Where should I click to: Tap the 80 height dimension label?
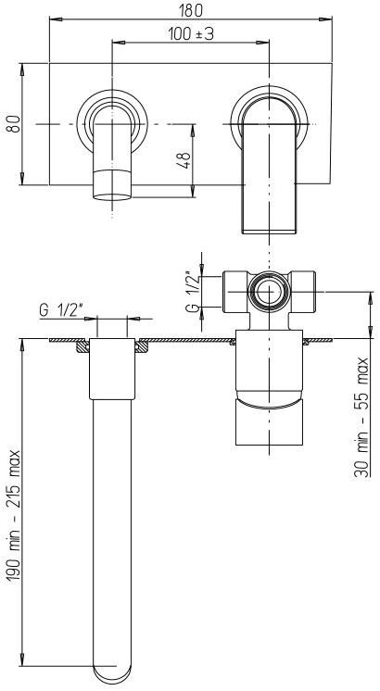[x=12, y=123]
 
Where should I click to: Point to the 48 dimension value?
[x=184, y=159]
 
